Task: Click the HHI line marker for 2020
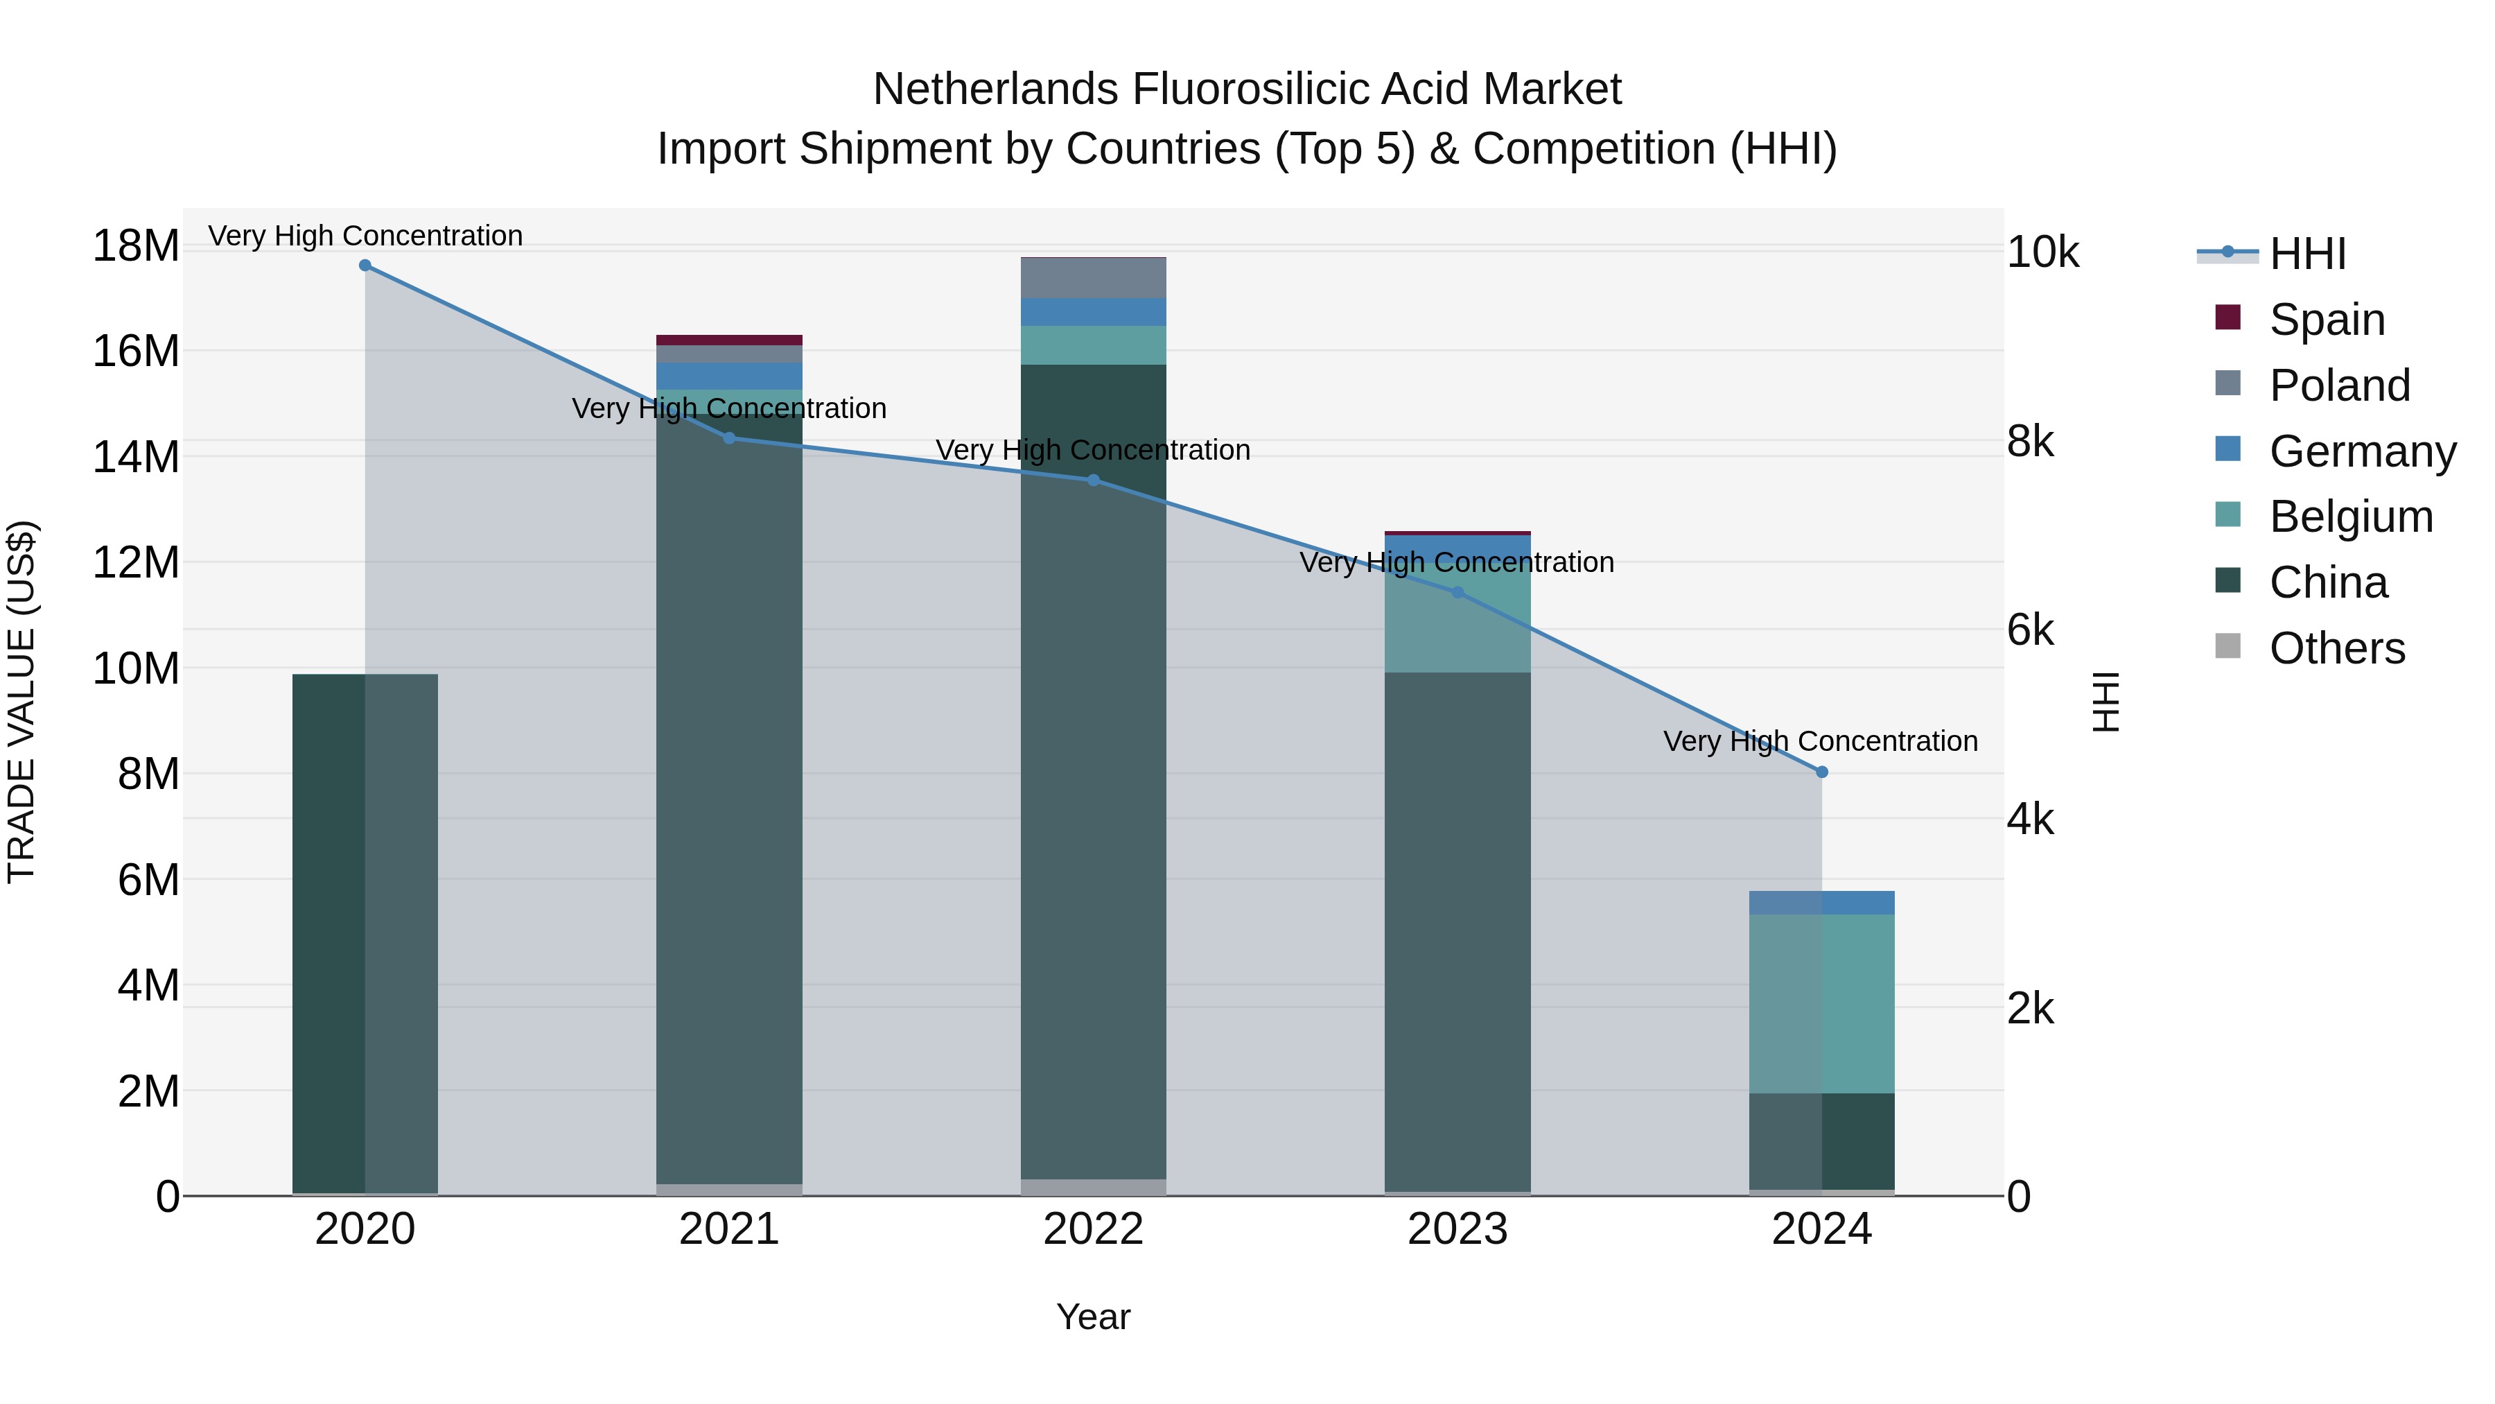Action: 365,266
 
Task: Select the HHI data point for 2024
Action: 1822,772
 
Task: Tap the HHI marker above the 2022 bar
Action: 1094,480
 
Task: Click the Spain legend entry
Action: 2327,320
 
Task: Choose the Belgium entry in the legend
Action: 2351,517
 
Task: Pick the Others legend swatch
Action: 2227,646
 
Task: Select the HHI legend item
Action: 2307,254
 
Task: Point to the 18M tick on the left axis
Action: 136,245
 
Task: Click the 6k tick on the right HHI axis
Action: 2030,631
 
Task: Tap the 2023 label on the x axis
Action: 1457,1229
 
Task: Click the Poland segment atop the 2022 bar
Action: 1094,279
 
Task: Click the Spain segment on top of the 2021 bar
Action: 729,340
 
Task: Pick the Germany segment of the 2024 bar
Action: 1822,902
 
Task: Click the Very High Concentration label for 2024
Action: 1820,741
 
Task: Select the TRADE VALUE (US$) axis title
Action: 21,702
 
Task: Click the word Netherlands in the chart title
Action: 996,90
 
